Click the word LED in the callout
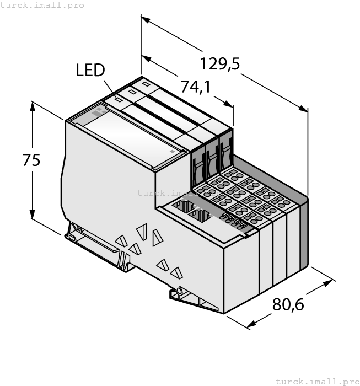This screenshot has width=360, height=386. pos(90,71)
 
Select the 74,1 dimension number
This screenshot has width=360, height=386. pos(196,87)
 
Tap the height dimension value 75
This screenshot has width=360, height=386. pos(31,160)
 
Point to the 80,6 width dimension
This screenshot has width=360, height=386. pos(288,304)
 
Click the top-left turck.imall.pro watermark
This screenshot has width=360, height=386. pos(42,5)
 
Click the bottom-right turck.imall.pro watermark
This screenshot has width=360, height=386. pos(317,381)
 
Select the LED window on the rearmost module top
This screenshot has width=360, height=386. pos(146,84)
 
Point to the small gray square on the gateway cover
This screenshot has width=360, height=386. pos(172,151)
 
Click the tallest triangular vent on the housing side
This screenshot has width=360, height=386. pos(141,232)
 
